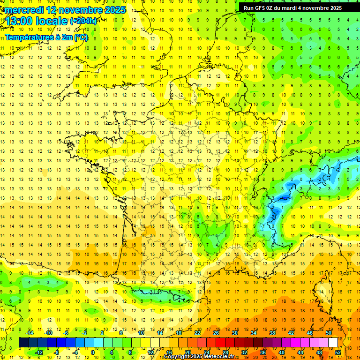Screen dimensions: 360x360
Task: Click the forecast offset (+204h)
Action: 83,21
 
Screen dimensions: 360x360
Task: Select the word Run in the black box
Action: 248,8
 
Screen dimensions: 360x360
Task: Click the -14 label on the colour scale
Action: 30,333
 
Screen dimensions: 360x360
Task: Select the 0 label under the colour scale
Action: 93,352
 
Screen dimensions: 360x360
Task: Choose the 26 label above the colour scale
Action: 216,333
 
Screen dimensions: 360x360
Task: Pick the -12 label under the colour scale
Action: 39,352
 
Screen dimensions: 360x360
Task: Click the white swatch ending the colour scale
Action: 333,343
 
